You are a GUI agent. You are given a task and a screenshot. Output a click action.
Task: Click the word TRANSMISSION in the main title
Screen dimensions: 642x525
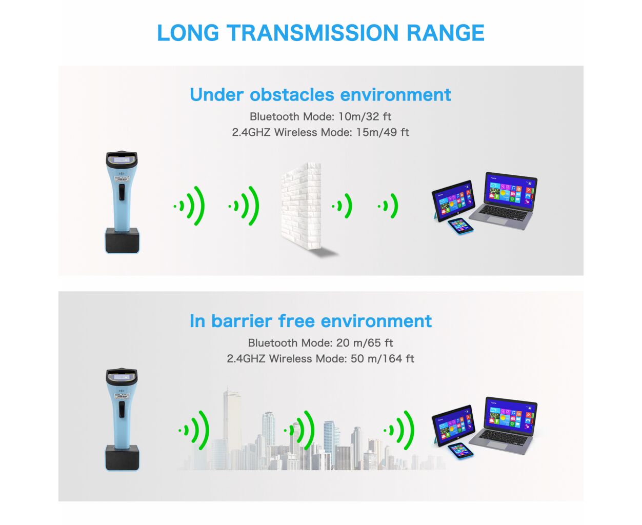pyautogui.click(x=312, y=33)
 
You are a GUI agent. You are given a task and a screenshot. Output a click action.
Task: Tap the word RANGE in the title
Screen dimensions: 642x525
pyautogui.click(x=446, y=33)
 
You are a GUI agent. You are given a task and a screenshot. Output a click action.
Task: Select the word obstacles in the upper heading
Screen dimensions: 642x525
pyautogui.click(x=292, y=95)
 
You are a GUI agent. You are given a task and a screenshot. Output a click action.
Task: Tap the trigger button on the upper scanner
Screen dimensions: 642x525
pyautogui.click(x=122, y=192)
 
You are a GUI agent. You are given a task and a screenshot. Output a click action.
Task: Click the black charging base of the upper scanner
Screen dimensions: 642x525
pyautogui.click(x=123, y=240)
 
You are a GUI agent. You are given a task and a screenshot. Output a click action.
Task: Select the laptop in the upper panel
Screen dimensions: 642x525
pyautogui.click(x=504, y=200)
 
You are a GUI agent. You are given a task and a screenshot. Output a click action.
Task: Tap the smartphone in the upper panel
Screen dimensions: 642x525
pyautogui.click(x=460, y=226)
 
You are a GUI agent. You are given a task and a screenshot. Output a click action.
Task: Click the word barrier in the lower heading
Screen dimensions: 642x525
pyautogui.click(x=242, y=321)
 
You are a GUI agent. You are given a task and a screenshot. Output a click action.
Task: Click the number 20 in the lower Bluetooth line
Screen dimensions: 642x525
pyautogui.click(x=343, y=343)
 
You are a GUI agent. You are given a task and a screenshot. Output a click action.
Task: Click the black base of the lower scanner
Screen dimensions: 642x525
pyautogui.click(x=123, y=457)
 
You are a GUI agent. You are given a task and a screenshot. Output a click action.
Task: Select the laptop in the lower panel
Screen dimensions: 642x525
pyautogui.click(x=504, y=425)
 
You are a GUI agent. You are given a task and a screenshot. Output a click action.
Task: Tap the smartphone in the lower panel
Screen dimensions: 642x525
pyautogui.click(x=460, y=451)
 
